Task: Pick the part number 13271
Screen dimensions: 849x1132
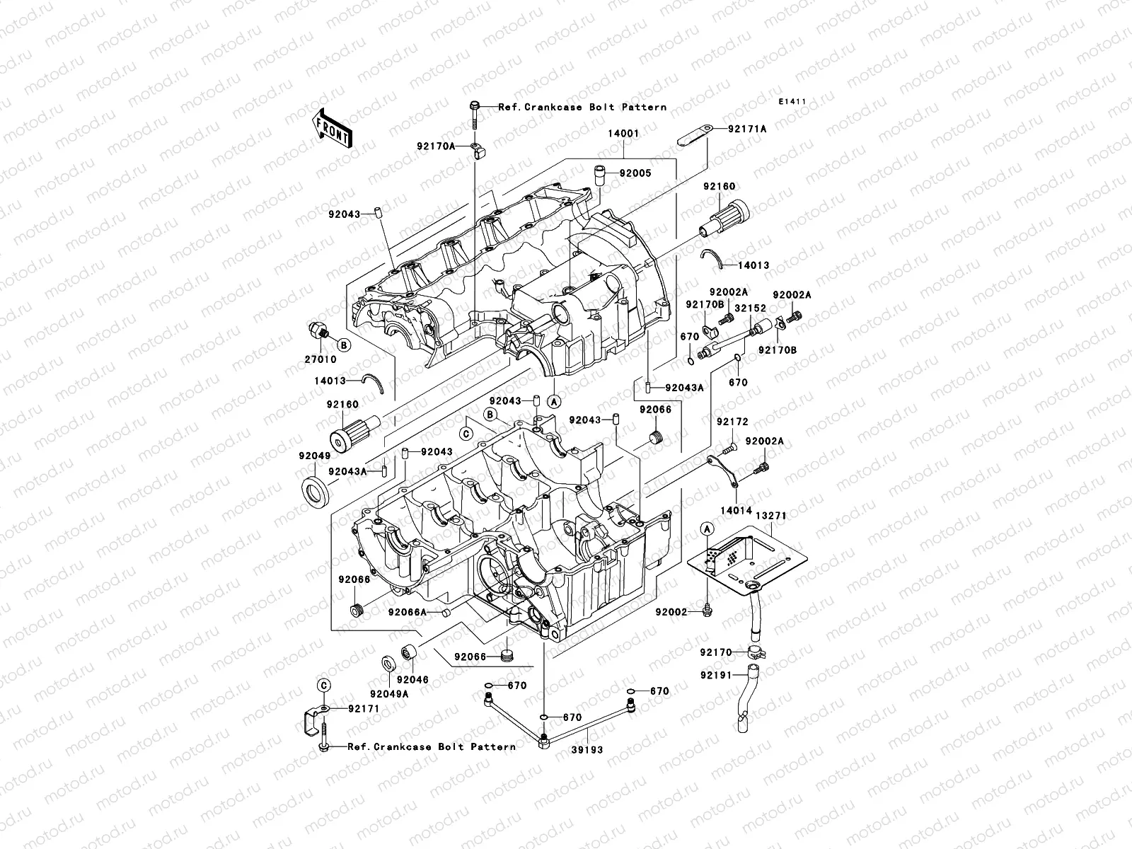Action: pos(770,516)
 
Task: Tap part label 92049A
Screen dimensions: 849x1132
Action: pos(388,694)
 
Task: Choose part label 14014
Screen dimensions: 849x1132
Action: pos(736,509)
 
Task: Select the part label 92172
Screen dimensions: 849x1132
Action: pos(732,422)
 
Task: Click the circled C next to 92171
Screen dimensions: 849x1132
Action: pos(323,685)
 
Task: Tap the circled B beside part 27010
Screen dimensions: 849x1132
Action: pos(343,345)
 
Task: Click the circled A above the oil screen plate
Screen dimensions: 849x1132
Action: pos(706,529)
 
